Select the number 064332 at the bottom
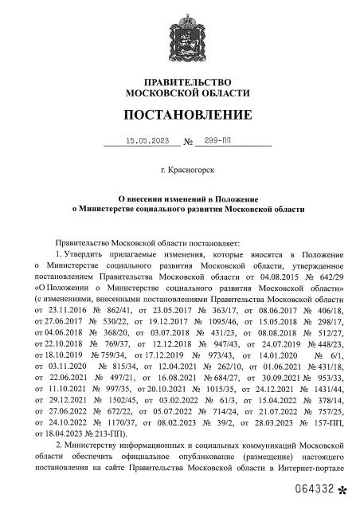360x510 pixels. pos(314,487)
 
